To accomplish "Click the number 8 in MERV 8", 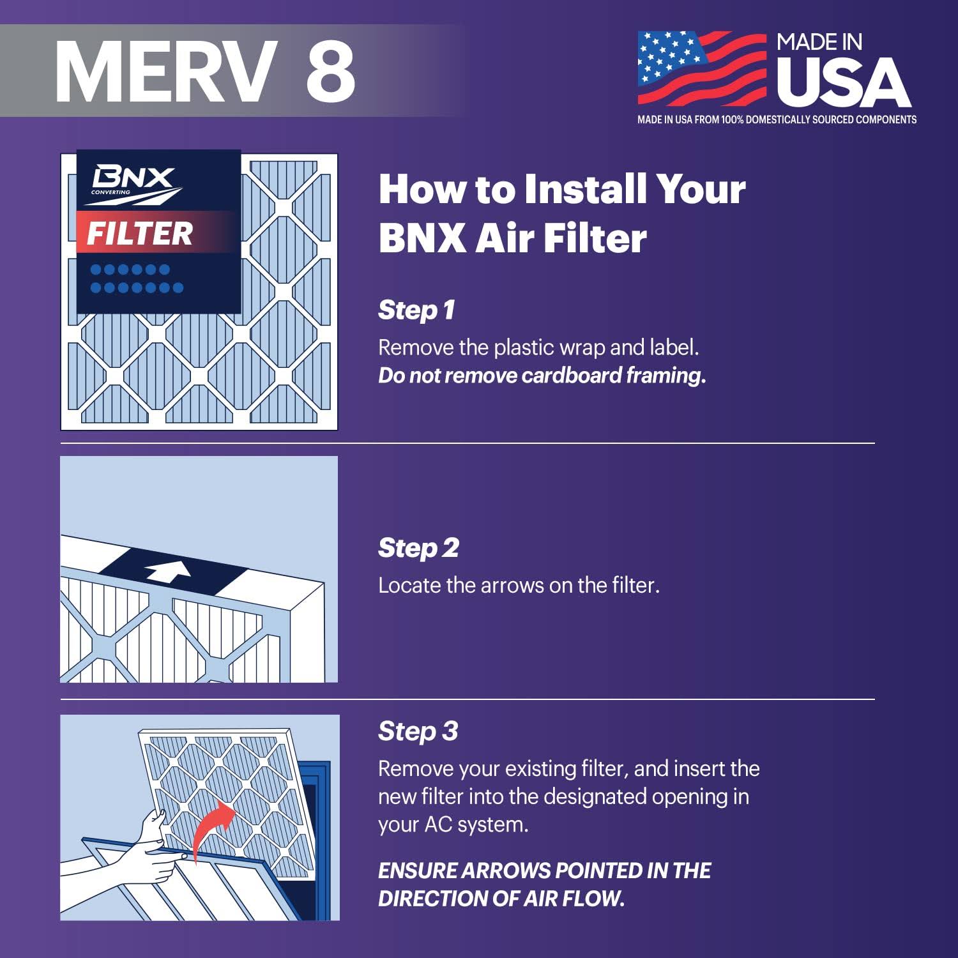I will (x=330, y=70).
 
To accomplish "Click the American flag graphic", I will (x=701, y=68).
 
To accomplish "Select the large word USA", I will (x=843, y=83).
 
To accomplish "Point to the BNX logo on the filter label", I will (x=133, y=181).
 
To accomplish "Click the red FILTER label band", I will (x=153, y=232).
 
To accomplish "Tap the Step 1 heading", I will (x=416, y=310).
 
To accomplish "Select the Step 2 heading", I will (x=418, y=548).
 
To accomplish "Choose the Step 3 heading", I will (x=418, y=731).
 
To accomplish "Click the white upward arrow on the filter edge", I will (x=168, y=570).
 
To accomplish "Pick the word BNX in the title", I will (x=422, y=238).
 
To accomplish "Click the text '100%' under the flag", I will (x=732, y=119).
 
